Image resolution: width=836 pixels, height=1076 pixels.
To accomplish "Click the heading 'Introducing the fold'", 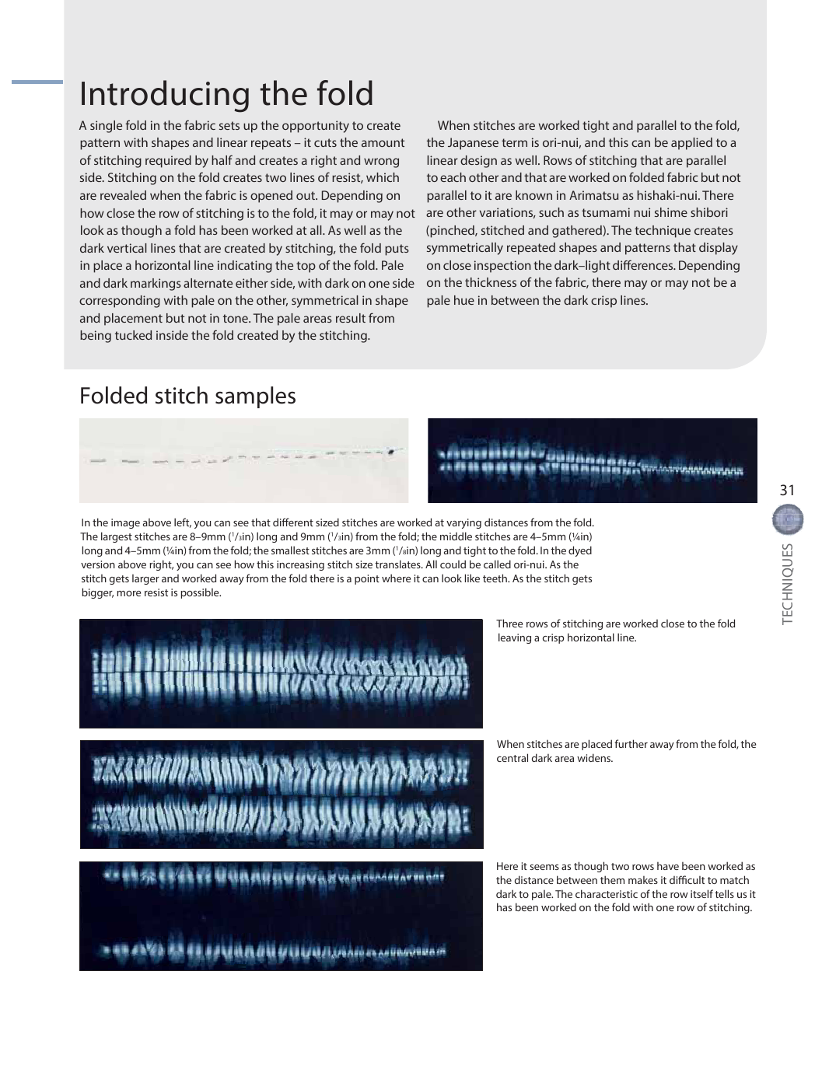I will coord(226,94).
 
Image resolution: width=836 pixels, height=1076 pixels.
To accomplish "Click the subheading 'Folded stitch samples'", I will coord(187,396).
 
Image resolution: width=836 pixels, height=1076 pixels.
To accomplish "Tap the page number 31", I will coord(787,490).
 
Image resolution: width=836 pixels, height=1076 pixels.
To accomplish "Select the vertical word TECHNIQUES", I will coord(788,583).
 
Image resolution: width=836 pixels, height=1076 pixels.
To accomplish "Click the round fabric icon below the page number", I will coord(788,520).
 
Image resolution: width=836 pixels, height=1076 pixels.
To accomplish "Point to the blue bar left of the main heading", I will coord(37,82).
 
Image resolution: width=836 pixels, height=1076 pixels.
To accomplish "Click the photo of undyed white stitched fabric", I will coord(243,460).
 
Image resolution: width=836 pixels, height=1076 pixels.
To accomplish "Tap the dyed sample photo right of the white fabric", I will coord(592,460).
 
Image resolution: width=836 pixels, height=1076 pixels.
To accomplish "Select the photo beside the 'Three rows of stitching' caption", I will coord(281,673).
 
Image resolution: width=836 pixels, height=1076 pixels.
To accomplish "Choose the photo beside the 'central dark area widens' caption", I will coord(282,794).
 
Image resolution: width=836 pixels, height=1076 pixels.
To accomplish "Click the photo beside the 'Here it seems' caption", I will coord(281,916).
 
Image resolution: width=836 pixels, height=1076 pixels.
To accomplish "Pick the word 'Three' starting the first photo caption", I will coord(511,624).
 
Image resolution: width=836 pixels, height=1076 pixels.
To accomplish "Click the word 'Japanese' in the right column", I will coord(470,143).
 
